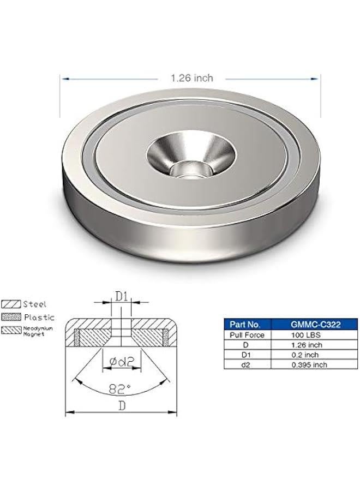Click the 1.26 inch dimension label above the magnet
(x=191, y=79)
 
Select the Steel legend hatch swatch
(x=11, y=304)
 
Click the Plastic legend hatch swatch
(x=11, y=317)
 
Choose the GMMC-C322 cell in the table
(x=309, y=325)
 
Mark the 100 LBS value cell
(x=309, y=334)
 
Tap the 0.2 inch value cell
(x=309, y=355)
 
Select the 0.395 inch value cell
(x=309, y=364)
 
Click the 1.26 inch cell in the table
(x=309, y=344)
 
